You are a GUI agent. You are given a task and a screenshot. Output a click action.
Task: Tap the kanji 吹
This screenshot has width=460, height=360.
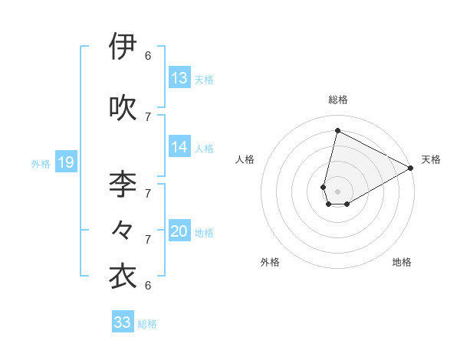pos(123,107)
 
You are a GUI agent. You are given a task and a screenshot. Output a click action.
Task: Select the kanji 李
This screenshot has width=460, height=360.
pos(123,184)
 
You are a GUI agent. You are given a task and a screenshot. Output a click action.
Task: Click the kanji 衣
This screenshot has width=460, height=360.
pos(123,277)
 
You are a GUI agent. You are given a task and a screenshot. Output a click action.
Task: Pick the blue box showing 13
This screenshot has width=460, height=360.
pos(179,77)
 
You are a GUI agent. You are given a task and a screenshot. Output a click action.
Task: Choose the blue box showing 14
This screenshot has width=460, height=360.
pos(179,146)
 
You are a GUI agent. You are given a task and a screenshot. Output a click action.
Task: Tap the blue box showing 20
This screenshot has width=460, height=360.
pos(179,231)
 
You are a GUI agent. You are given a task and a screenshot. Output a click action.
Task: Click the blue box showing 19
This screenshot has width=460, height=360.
pos(66,162)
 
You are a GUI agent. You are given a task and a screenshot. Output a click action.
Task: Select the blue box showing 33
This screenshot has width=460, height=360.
pos(123,322)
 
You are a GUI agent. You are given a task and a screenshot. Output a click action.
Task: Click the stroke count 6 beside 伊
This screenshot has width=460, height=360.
pos(148,55)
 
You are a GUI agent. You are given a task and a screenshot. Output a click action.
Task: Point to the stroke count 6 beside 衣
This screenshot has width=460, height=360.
pos(148,286)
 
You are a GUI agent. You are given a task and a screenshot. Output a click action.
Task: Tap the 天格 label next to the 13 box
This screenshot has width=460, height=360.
pos(204,79)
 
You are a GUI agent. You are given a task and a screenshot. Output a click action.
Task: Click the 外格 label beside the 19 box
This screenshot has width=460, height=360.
pos(41,163)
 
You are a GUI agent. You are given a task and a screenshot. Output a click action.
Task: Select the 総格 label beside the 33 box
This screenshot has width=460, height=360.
pos(147,324)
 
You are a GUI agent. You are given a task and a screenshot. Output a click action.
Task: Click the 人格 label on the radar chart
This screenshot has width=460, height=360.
pos(245,159)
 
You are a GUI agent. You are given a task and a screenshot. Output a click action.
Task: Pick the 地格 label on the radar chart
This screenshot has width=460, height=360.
pos(402,262)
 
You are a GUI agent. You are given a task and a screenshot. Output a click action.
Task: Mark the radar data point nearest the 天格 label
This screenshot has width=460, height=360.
pos(411,169)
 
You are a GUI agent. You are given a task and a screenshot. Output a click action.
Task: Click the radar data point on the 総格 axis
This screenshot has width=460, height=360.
pos(337,130)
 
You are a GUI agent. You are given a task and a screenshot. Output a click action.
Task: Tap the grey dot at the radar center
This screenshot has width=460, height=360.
pos(337,191)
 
